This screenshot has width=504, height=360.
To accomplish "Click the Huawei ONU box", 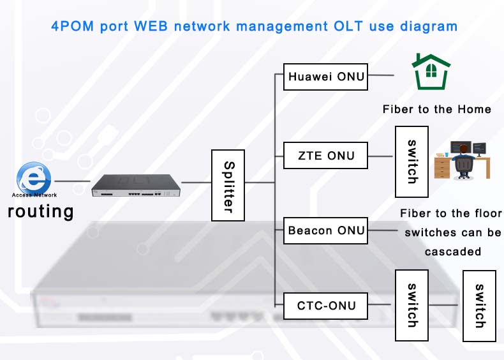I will point(325,77).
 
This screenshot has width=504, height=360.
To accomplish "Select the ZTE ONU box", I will point(325,155).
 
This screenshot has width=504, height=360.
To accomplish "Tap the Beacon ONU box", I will point(325,230).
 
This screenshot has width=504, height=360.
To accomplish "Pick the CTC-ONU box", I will point(325,306).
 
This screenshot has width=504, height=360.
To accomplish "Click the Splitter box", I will point(228,186).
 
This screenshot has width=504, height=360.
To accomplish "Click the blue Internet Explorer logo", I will point(33,177).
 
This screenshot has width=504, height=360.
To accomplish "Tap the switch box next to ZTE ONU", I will point(411,162).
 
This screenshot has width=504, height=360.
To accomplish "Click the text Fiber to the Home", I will point(436,109).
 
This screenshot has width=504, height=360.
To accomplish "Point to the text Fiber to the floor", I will point(450,213).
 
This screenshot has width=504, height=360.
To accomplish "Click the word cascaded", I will point(452,251).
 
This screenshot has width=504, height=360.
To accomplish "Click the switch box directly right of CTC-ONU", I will point(411,306).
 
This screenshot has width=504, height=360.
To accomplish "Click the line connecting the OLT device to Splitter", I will point(196,183).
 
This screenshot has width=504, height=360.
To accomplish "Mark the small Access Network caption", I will point(34,195).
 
